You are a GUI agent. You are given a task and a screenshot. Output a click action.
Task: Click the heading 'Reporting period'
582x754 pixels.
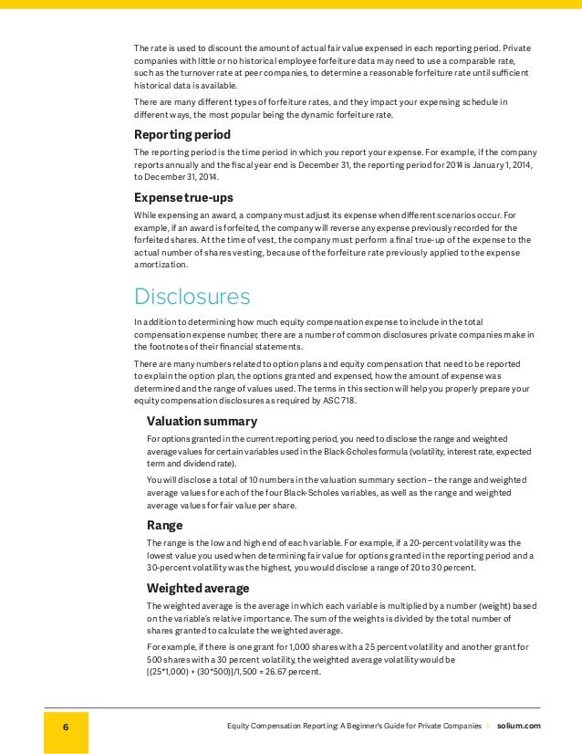(182, 134)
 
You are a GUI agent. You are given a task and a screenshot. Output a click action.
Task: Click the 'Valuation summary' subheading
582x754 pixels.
(202, 421)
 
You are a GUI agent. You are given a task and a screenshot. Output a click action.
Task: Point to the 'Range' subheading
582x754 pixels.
(166, 525)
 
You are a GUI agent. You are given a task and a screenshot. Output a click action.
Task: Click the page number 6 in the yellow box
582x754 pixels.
(66, 726)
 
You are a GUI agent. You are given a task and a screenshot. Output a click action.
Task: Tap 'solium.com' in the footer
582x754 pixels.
(518, 726)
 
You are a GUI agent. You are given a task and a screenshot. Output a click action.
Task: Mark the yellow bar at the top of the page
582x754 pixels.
(291, 5)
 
